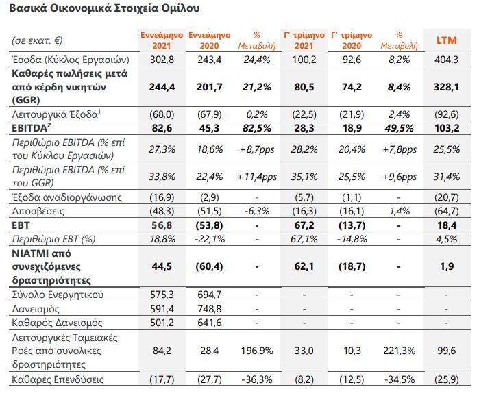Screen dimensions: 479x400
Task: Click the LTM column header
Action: click(446, 40)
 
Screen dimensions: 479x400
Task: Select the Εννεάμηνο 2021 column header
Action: click(162, 40)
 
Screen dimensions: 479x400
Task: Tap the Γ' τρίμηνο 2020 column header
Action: click(352, 40)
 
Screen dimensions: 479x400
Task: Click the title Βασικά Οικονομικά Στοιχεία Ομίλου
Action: click(104, 8)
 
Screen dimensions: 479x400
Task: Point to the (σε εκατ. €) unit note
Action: click(37, 40)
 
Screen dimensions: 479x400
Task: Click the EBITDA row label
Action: click(31, 128)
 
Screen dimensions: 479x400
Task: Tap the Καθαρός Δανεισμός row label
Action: click(57, 323)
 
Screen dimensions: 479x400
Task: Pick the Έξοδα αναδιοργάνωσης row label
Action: click(67, 197)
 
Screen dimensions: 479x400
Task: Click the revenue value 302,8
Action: click(162, 60)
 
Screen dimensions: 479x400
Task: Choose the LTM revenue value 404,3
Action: click(446, 60)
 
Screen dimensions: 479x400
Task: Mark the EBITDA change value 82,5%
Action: click(256, 128)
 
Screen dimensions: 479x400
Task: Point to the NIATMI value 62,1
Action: click(304, 266)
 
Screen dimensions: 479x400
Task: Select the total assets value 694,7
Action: click(209, 295)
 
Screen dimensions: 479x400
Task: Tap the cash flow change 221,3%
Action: click(399, 351)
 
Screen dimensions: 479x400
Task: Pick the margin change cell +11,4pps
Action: click(257, 177)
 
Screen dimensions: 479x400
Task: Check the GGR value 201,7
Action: click(209, 87)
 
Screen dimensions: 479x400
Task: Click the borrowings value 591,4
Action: click(162, 309)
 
